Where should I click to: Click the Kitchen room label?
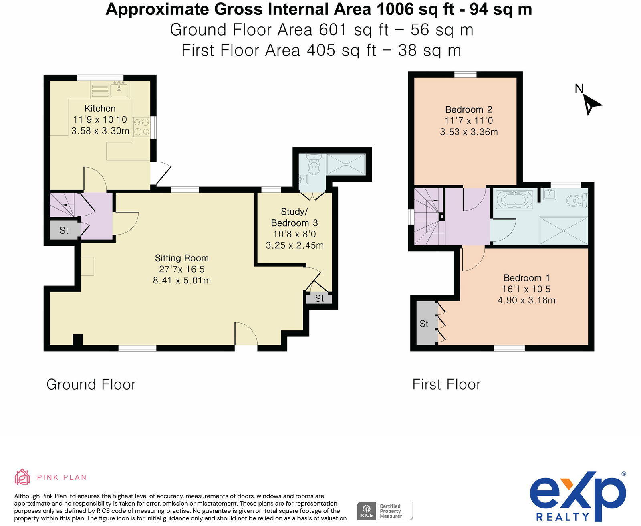(100, 108)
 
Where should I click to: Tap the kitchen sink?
(119, 89)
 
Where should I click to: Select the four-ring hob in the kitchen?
(142, 127)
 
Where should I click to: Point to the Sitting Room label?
(181, 258)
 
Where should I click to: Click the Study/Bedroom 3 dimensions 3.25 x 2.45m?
(294, 245)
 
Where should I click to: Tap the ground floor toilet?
(313, 164)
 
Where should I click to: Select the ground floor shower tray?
(346, 164)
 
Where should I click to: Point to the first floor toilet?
(577, 200)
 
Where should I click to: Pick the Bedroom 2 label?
(468, 109)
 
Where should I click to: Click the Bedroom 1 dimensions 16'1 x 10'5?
(526, 289)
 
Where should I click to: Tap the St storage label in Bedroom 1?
(424, 324)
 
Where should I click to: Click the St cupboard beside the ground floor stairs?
(64, 230)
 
